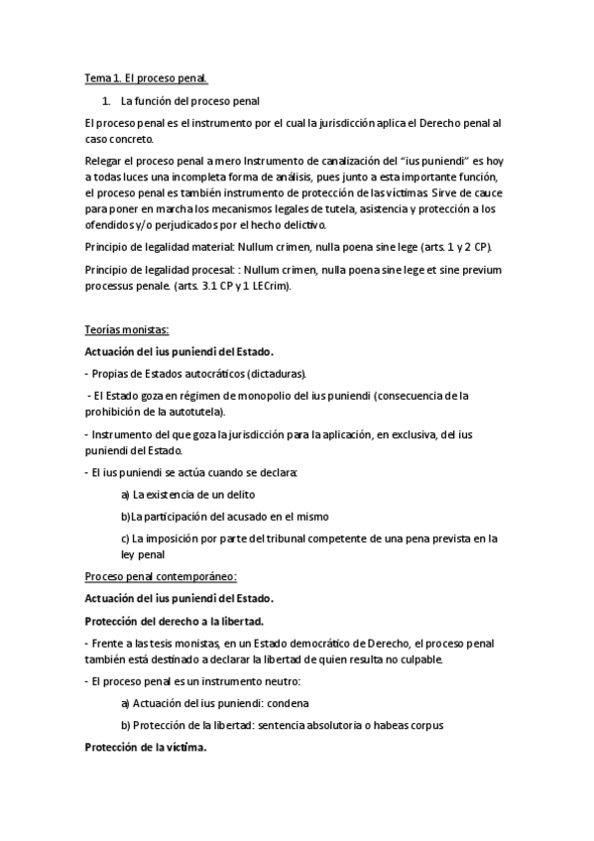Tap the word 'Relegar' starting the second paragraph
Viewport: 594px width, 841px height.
(x=104, y=159)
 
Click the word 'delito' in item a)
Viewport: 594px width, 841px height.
(x=238, y=493)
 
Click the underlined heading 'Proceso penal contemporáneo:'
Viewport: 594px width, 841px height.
(x=161, y=576)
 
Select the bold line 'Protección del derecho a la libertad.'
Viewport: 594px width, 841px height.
(x=174, y=621)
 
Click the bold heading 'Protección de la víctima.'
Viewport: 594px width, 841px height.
(x=146, y=748)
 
